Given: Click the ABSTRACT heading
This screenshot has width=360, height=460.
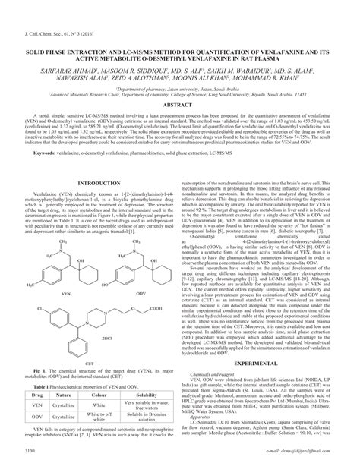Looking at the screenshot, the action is (x=180, y=105).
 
